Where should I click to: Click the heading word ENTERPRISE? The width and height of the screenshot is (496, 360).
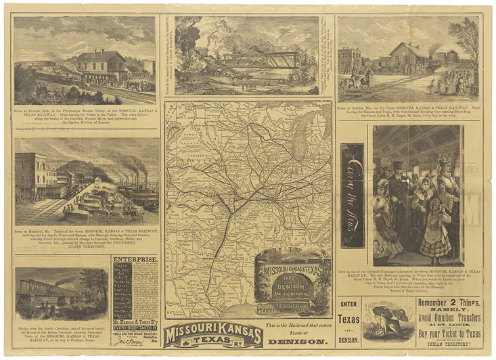[135, 259]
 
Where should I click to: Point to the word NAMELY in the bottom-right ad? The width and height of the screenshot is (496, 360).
[449, 313]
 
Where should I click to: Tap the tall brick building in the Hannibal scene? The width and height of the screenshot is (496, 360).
[30, 175]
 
